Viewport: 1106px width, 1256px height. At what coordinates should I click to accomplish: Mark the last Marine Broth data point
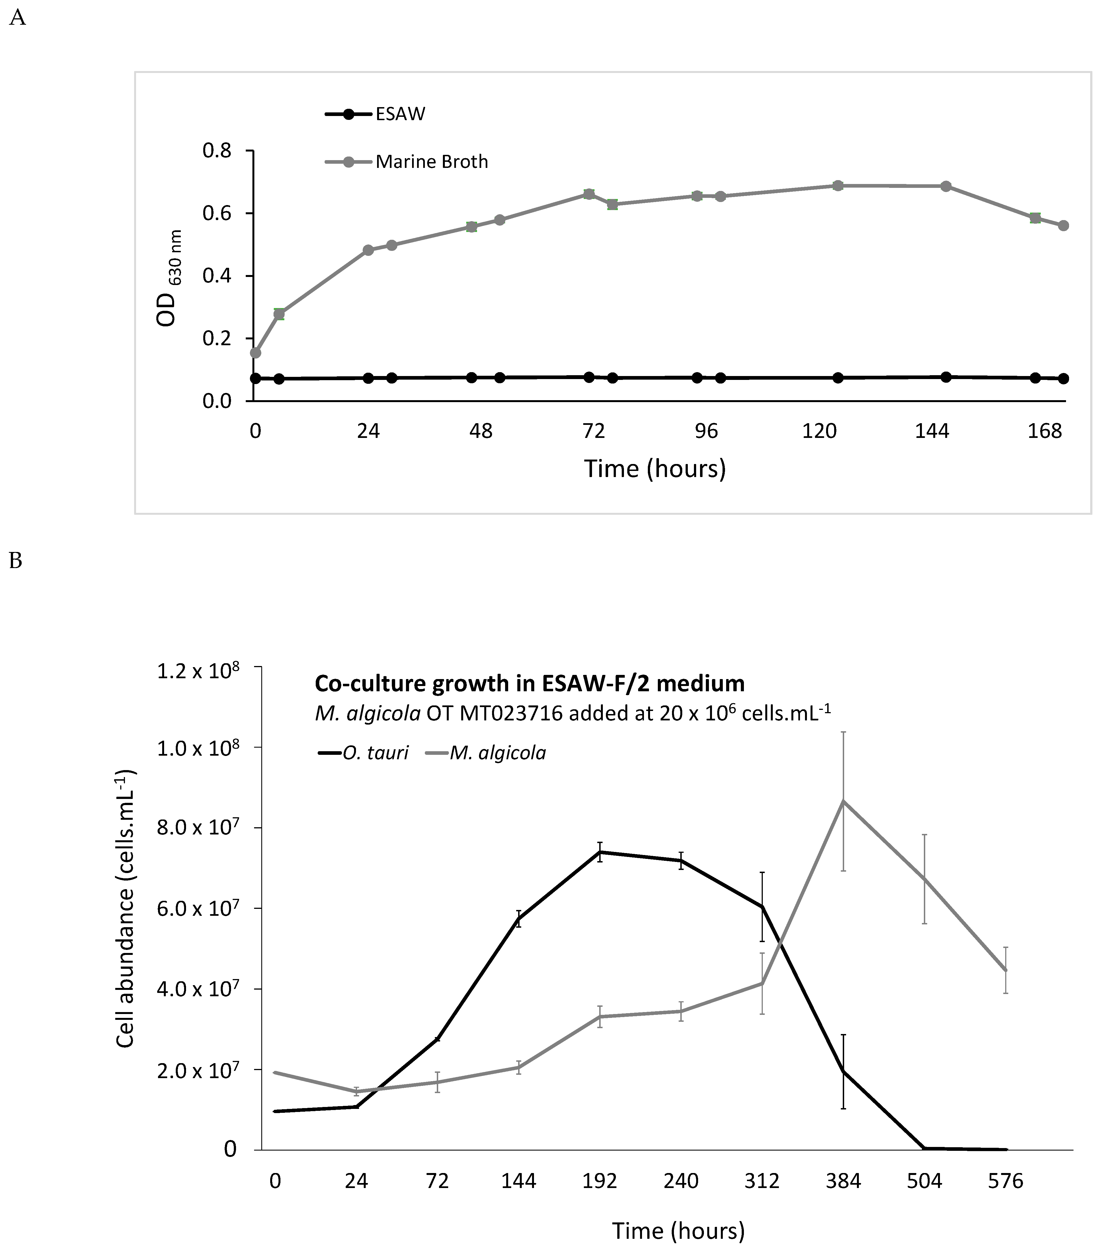tap(1064, 226)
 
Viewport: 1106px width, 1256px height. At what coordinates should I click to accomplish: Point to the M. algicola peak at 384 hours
tap(844, 801)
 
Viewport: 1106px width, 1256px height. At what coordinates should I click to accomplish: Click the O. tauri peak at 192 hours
tap(600, 852)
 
